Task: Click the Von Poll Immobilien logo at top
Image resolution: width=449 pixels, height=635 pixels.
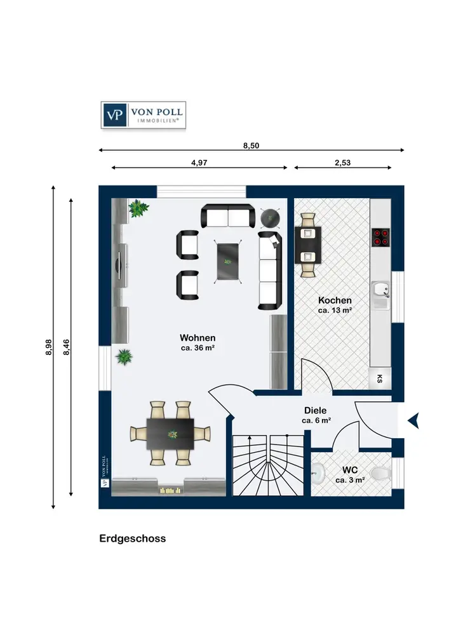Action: click(x=144, y=115)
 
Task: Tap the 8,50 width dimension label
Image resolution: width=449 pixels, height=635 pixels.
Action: click(x=251, y=145)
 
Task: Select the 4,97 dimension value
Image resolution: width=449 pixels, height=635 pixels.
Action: click(x=199, y=163)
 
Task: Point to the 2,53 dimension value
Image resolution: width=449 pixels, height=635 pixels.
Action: click(x=342, y=163)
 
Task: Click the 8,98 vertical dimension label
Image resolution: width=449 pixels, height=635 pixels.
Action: click(x=49, y=347)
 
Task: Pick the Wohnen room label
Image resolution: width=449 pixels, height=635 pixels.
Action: click(x=198, y=338)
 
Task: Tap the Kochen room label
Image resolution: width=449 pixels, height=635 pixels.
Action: click(x=335, y=300)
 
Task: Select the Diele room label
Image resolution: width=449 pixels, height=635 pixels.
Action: click(x=316, y=411)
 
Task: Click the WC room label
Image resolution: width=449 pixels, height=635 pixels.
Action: click(x=350, y=470)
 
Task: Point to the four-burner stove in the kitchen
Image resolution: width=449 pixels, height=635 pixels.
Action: click(x=380, y=237)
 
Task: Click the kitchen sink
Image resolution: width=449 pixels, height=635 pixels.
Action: click(x=380, y=290)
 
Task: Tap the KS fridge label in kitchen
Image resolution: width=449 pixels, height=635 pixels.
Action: click(x=380, y=378)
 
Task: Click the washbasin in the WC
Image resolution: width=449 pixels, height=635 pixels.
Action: click(x=318, y=473)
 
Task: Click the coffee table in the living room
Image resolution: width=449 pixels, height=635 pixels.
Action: click(x=229, y=261)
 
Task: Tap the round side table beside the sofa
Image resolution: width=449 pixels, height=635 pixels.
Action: click(x=270, y=218)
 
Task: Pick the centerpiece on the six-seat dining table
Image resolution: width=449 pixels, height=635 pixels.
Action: click(x=173, y=434)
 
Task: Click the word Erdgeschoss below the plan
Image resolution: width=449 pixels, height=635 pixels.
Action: click(x=132, y=538)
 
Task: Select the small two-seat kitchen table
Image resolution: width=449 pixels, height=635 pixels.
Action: click(x=308, y=245)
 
